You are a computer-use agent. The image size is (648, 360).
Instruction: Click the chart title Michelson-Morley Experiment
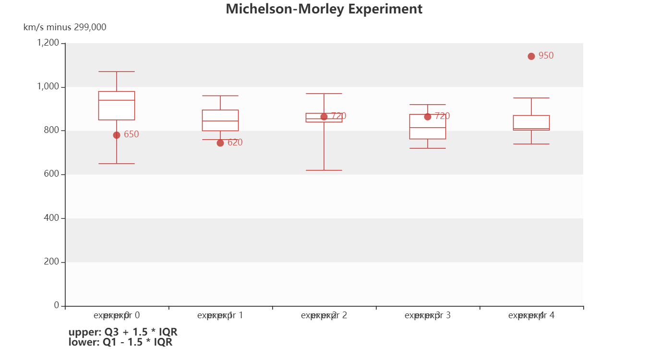324,9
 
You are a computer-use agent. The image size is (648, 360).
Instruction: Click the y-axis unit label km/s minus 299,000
65,27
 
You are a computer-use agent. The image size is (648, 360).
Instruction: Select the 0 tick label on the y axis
57,305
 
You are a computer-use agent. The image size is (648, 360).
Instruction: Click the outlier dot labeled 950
531,56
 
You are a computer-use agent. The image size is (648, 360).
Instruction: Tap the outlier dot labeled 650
117,135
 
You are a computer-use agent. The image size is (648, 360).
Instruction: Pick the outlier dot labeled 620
220,143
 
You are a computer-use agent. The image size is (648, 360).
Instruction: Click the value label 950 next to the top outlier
546,56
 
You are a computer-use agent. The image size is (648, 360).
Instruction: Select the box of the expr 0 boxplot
117,106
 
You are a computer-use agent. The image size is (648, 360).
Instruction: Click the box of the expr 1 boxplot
220,120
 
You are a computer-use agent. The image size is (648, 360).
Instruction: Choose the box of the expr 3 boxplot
428,127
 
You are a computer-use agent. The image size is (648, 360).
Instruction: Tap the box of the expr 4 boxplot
531,122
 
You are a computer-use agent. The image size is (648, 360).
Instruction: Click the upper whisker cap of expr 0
117,72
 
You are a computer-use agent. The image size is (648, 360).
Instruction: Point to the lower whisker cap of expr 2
324,170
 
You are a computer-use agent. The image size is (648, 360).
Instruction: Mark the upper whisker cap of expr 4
531,98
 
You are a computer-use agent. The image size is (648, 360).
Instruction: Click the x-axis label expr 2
324,315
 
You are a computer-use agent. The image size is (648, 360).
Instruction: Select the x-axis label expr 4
531,315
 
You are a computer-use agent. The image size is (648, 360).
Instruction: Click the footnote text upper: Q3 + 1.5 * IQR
123,332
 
